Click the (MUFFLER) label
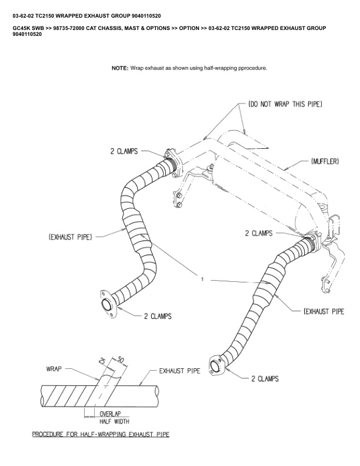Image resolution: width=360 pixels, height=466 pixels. (323, 161)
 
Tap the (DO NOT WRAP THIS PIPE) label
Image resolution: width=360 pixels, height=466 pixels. (285, 104)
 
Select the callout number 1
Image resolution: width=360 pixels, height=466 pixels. (202, 279)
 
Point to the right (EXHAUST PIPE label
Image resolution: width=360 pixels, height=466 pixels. (324, 311)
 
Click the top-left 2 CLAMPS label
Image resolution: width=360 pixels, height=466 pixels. (124, 151)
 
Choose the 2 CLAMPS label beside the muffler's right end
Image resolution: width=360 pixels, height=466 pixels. (259, 233)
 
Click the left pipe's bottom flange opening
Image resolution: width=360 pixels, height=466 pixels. (108, 305)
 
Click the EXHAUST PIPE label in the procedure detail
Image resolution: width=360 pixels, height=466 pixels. (180, 371)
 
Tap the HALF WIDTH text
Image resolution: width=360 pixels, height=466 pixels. (114, 421)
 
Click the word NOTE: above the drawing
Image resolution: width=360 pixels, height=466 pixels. (119, 68)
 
